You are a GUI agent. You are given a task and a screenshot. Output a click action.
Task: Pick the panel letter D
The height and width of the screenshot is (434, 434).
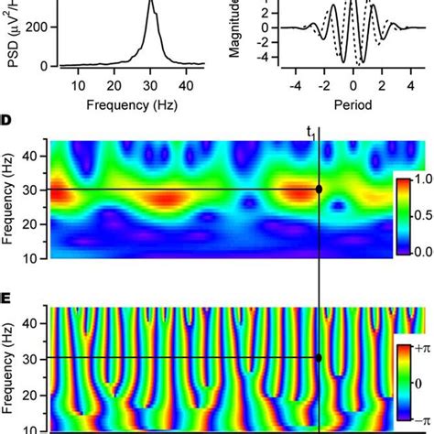(x=7, y=122)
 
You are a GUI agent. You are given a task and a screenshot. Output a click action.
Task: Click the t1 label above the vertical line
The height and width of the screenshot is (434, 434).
(x=311, y=132)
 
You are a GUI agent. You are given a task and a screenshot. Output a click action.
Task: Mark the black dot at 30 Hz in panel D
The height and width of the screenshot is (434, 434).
(x=319, y=190)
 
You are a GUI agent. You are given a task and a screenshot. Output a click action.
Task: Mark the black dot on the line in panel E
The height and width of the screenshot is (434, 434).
(x=319, y=358)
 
